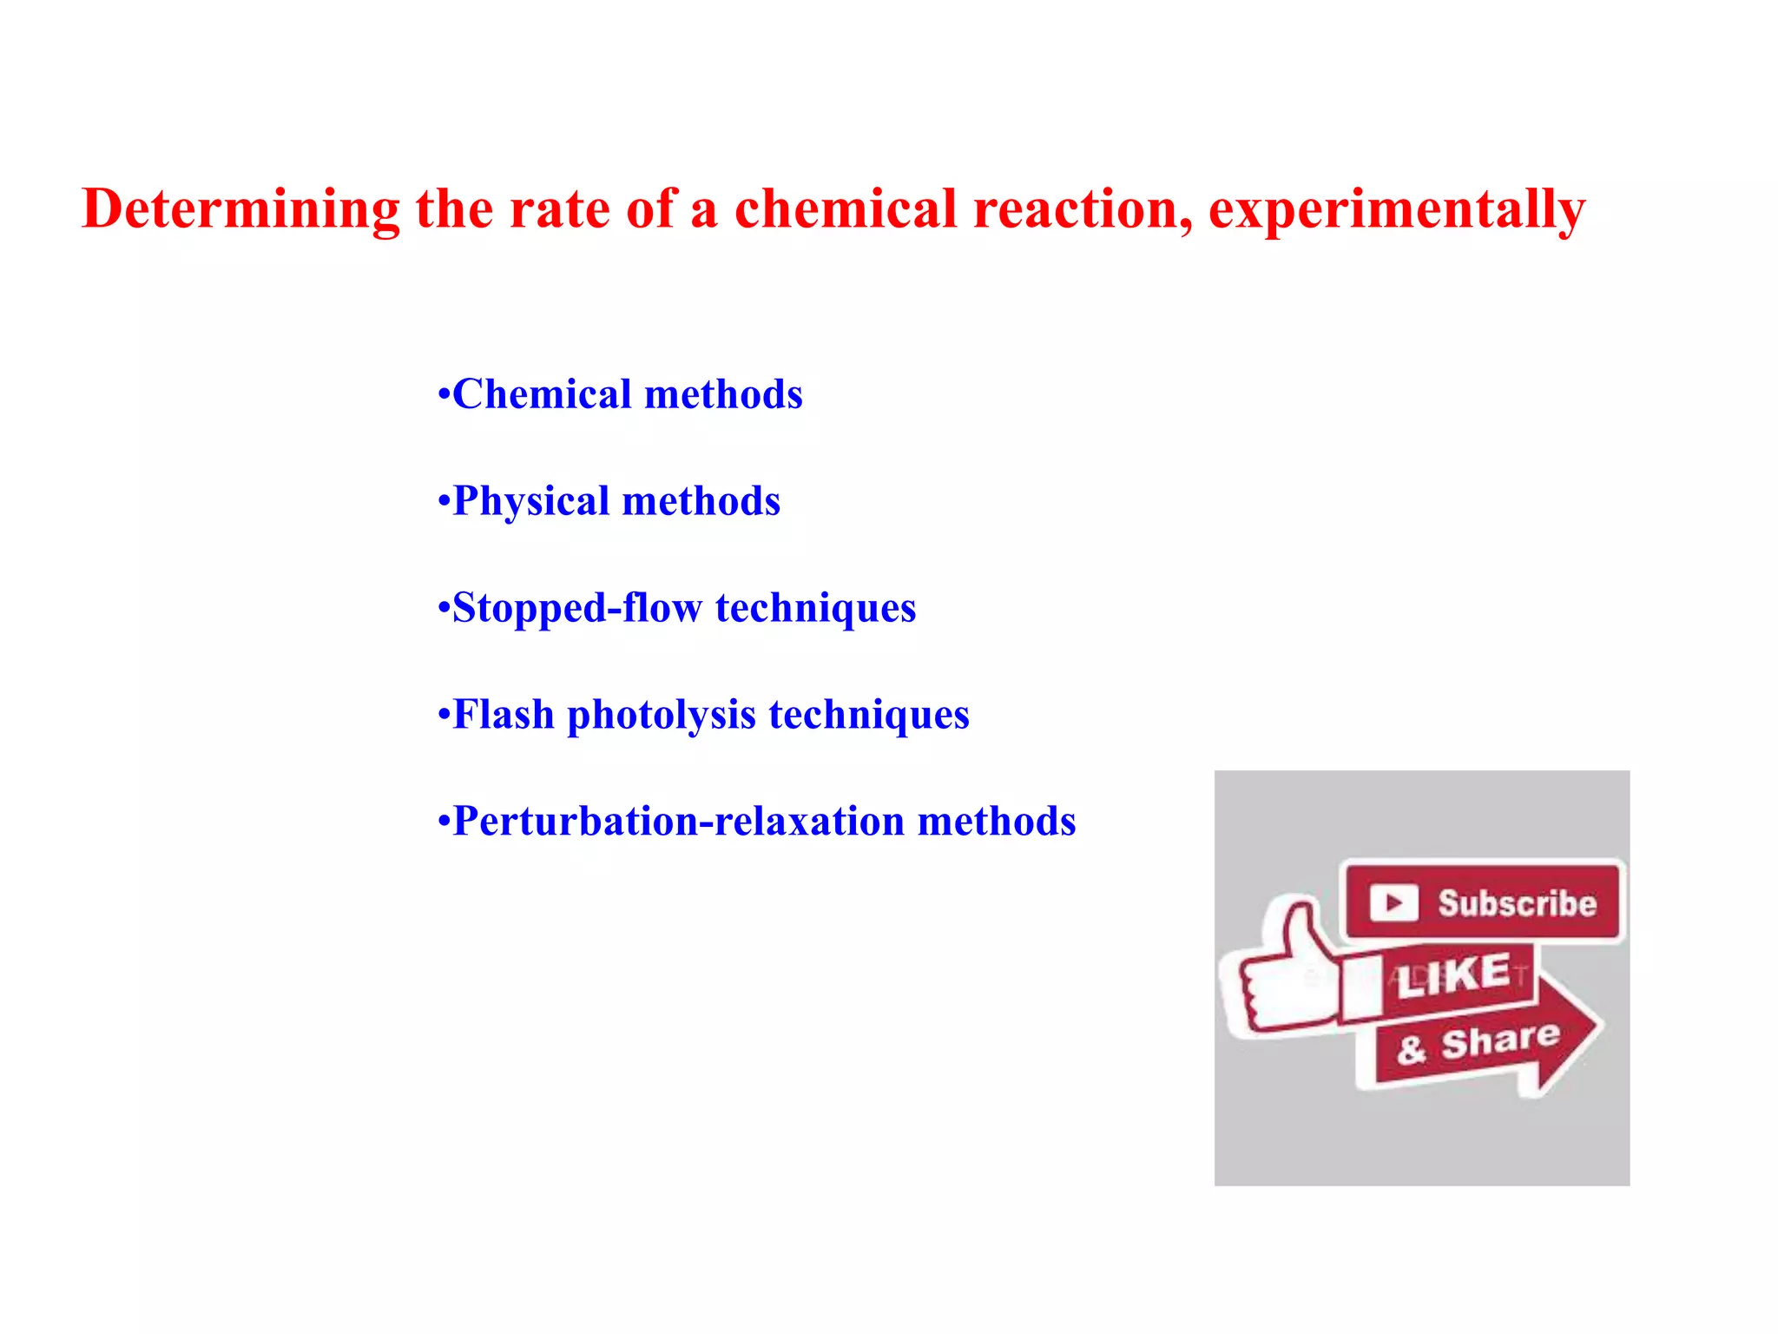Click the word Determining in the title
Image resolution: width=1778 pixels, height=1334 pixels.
[240, 209]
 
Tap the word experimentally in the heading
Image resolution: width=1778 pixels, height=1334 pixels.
[1396, 209]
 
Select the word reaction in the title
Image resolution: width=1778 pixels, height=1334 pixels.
[1082, 209]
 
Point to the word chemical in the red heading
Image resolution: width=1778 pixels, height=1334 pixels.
[845, 209]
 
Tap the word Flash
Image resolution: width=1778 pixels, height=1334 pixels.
[504, 715]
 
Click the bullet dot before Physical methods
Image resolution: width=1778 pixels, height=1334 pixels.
[444, 502]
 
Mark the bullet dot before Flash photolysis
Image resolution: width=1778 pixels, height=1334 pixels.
[444, 716]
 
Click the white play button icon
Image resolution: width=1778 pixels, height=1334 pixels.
[1393, 903]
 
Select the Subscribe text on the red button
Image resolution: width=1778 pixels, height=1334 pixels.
[1517, 903]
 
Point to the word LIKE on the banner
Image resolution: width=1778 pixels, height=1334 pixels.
[1455, 975]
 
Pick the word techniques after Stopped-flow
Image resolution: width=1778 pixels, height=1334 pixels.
[815, 608]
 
